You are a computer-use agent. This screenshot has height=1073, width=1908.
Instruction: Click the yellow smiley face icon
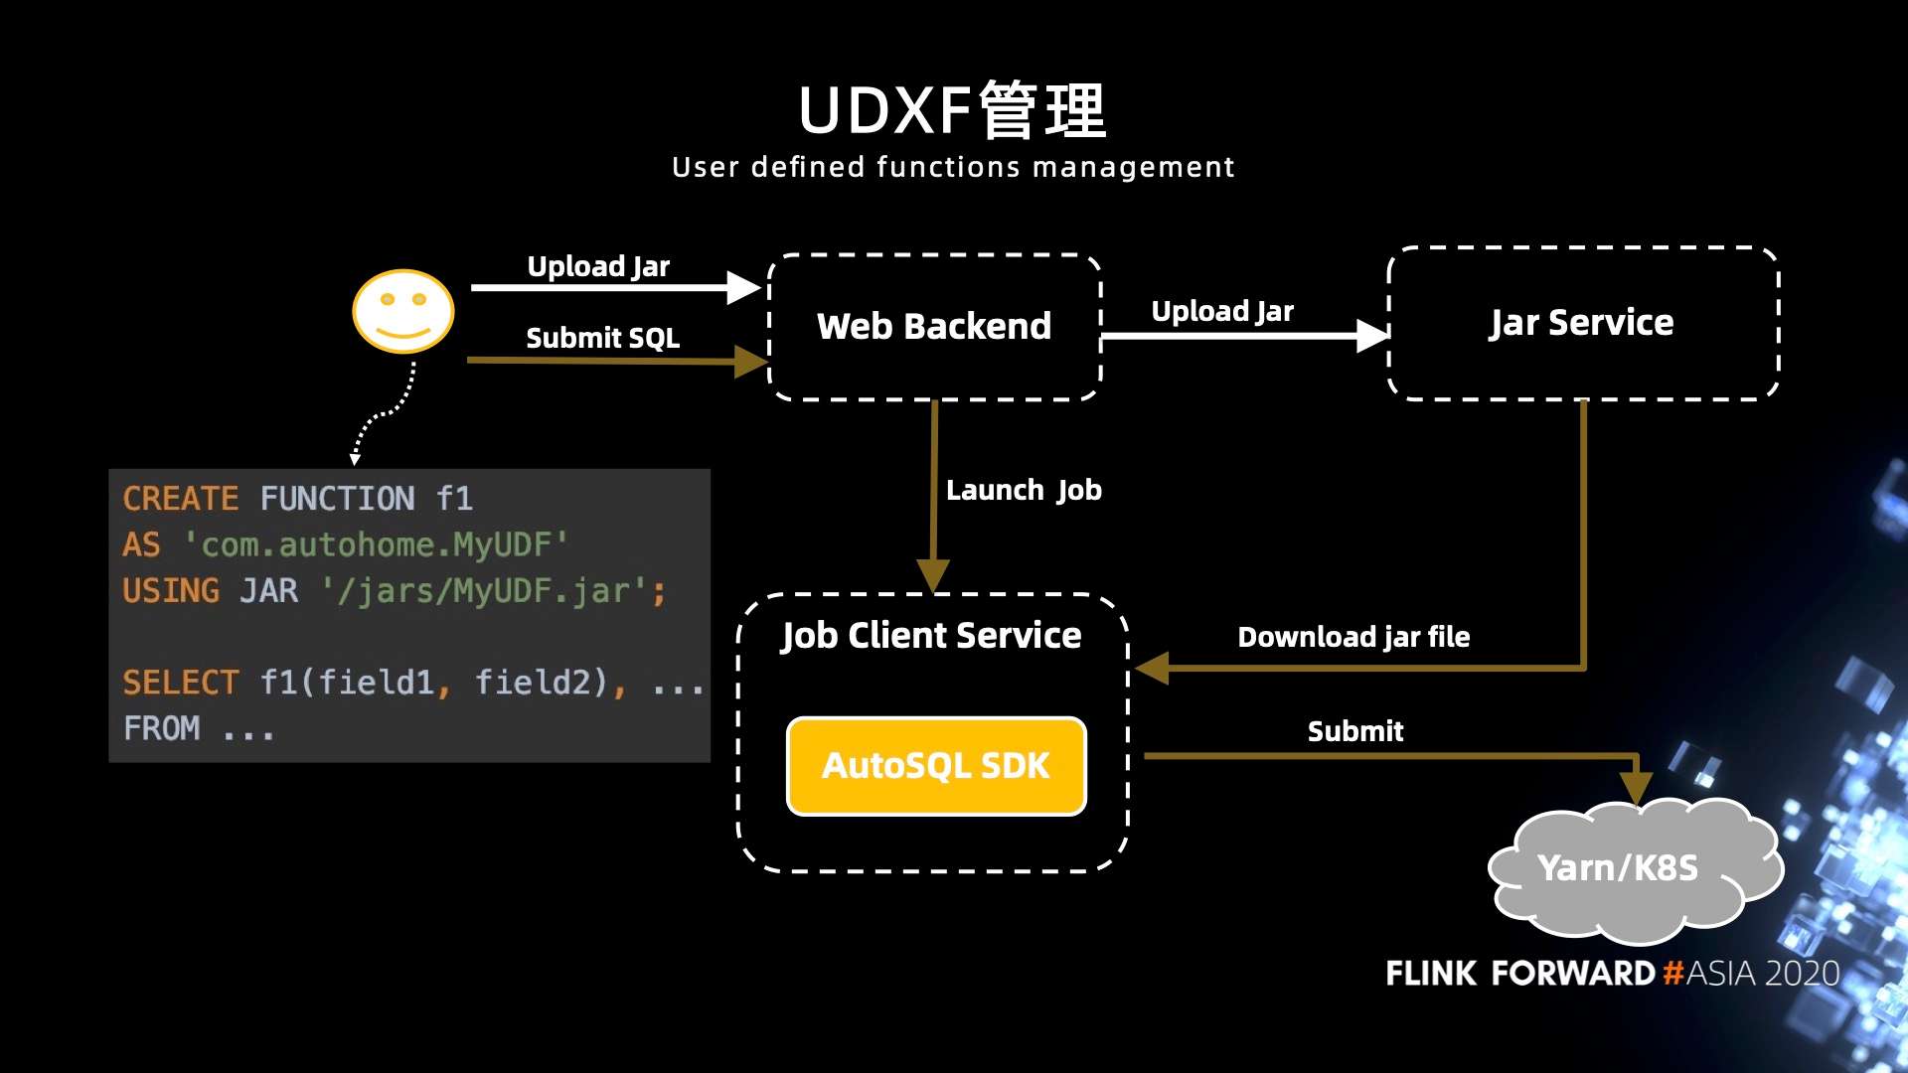coord(403,311)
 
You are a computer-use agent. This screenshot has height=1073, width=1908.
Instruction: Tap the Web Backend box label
coord(933,326)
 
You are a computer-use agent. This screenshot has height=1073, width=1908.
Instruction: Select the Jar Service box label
coord(1581,323)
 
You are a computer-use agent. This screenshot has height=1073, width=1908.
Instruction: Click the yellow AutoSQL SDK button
coord(935,766)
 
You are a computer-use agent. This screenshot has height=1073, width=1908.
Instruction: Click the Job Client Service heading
coord(931,635)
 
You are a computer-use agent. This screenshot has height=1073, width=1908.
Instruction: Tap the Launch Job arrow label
coord(1024,490)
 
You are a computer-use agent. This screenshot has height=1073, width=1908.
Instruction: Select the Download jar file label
coord(1352,637)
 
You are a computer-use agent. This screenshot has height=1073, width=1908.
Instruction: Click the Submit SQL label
coord(602,338)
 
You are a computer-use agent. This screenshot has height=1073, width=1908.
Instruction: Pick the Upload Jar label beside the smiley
coord(598,266)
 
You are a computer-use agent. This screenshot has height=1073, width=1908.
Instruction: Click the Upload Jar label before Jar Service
coord(1222,311)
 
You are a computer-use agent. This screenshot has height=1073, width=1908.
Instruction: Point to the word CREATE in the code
coord(180,498)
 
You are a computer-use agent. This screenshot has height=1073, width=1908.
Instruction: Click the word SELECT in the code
coord(180,683)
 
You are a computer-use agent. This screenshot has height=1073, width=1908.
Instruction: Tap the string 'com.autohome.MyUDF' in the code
coord(376,544)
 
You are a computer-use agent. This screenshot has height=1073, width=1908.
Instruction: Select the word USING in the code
coord(171,590)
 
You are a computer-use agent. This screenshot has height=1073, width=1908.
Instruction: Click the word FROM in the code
coord(162,728)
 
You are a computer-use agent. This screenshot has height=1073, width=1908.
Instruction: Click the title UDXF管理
coord(952,110)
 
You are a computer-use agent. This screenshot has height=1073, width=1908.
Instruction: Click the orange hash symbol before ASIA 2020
coord(1673,973)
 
